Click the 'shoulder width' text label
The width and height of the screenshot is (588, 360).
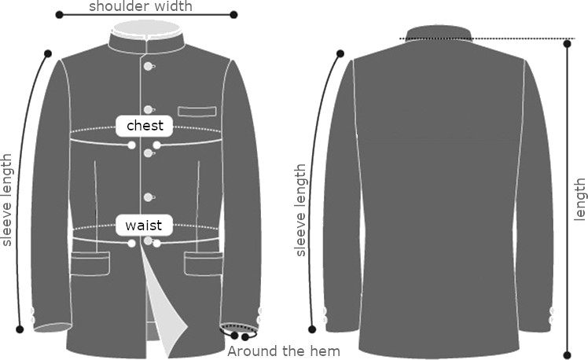(x=140, y=6)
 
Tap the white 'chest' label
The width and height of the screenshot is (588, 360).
(x=145, y=126)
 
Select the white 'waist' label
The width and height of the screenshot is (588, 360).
(x=143, y=226)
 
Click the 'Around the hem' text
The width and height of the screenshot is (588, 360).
(x=284, y=351)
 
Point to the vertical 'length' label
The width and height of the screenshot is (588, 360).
(x=580, y=200)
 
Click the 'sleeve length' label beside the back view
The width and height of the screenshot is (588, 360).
(x=300, y=210)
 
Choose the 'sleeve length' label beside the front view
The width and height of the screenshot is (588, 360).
(x=8, y=200)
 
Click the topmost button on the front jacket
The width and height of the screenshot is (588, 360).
(x=147, y=66)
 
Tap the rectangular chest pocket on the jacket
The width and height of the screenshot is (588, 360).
(x=197, y=112)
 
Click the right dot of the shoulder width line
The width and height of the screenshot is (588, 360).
(x=233, y=15)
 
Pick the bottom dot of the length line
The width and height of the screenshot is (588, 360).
(x=567, y=354)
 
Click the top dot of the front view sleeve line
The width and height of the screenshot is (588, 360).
(x=48, y=53)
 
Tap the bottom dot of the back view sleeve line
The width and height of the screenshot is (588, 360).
(x=312, y=329)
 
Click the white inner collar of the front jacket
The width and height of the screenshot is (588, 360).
(x=146, y=29)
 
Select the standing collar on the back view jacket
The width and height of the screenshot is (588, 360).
(x=439, y=33)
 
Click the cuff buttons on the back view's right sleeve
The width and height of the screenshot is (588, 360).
(x=549, y=315)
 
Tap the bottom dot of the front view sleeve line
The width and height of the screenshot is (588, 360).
(x=20, y=329)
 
